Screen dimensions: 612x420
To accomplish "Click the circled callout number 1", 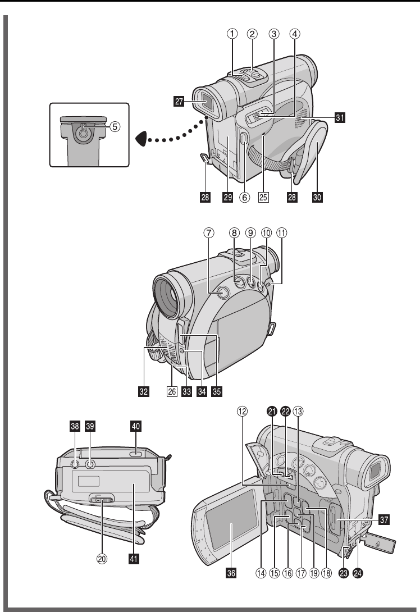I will point(232,33).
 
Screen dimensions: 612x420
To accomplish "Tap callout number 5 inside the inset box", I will point(114,126).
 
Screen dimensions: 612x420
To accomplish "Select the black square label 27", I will point(179,102).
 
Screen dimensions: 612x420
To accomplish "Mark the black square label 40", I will point(135,427).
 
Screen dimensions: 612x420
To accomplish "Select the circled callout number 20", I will point(103,558).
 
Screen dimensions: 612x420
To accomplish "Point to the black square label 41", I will point(135,558).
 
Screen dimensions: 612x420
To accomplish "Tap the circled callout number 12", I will point(242,411).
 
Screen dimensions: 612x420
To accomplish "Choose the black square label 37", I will point(384,520).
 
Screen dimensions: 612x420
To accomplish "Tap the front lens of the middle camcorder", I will point(171,295).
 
